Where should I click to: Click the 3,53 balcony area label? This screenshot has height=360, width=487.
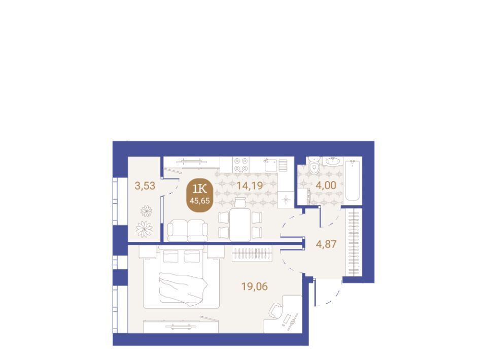145,186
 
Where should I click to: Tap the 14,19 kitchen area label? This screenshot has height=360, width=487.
250,186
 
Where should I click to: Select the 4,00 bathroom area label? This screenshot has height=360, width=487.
326,185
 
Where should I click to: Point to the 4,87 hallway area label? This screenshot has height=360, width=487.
326,244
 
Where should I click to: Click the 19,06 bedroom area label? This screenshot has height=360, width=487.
254,286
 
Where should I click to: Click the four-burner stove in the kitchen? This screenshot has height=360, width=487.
241,164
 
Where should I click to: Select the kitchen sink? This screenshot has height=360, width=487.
270,165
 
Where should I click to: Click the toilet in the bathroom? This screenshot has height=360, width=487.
315,166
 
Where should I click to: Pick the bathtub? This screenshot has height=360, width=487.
353,181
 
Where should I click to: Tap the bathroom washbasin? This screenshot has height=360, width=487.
333,161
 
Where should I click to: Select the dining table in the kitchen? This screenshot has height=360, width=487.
240,224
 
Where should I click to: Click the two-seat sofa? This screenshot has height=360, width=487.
188,230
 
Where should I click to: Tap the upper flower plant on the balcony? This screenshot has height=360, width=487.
146,211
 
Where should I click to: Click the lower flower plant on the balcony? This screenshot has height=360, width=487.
145,229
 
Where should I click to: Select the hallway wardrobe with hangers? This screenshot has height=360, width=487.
354,242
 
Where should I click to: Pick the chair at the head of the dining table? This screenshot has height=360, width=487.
240,202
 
